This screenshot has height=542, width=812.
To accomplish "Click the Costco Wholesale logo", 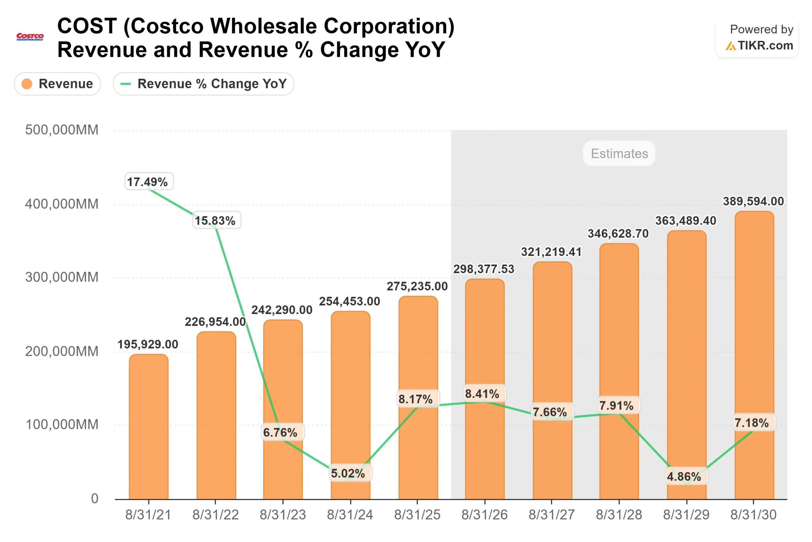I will pos(30,37).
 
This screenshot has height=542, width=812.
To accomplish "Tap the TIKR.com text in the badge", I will pos(765,45).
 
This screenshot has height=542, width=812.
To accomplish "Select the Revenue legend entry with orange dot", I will pos(57,84).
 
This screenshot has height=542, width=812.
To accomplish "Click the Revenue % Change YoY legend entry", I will pos(203,84).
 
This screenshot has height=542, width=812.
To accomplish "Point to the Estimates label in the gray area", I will pos(619,153).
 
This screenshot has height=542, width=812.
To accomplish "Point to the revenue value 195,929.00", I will pos(148,344).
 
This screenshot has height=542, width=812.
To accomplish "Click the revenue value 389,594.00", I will pos(753,201).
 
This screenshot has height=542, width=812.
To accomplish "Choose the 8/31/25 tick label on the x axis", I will pos(417,515).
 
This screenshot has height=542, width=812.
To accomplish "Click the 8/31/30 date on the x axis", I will pos(753,515).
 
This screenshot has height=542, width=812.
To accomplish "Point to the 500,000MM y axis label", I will pos(62,130).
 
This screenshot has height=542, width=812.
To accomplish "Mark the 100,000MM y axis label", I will pos(62,425).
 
